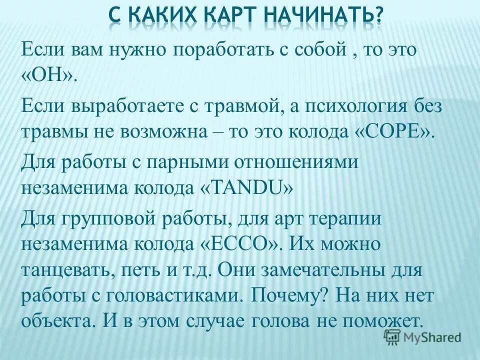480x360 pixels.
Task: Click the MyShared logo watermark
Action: click(422, 337)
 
